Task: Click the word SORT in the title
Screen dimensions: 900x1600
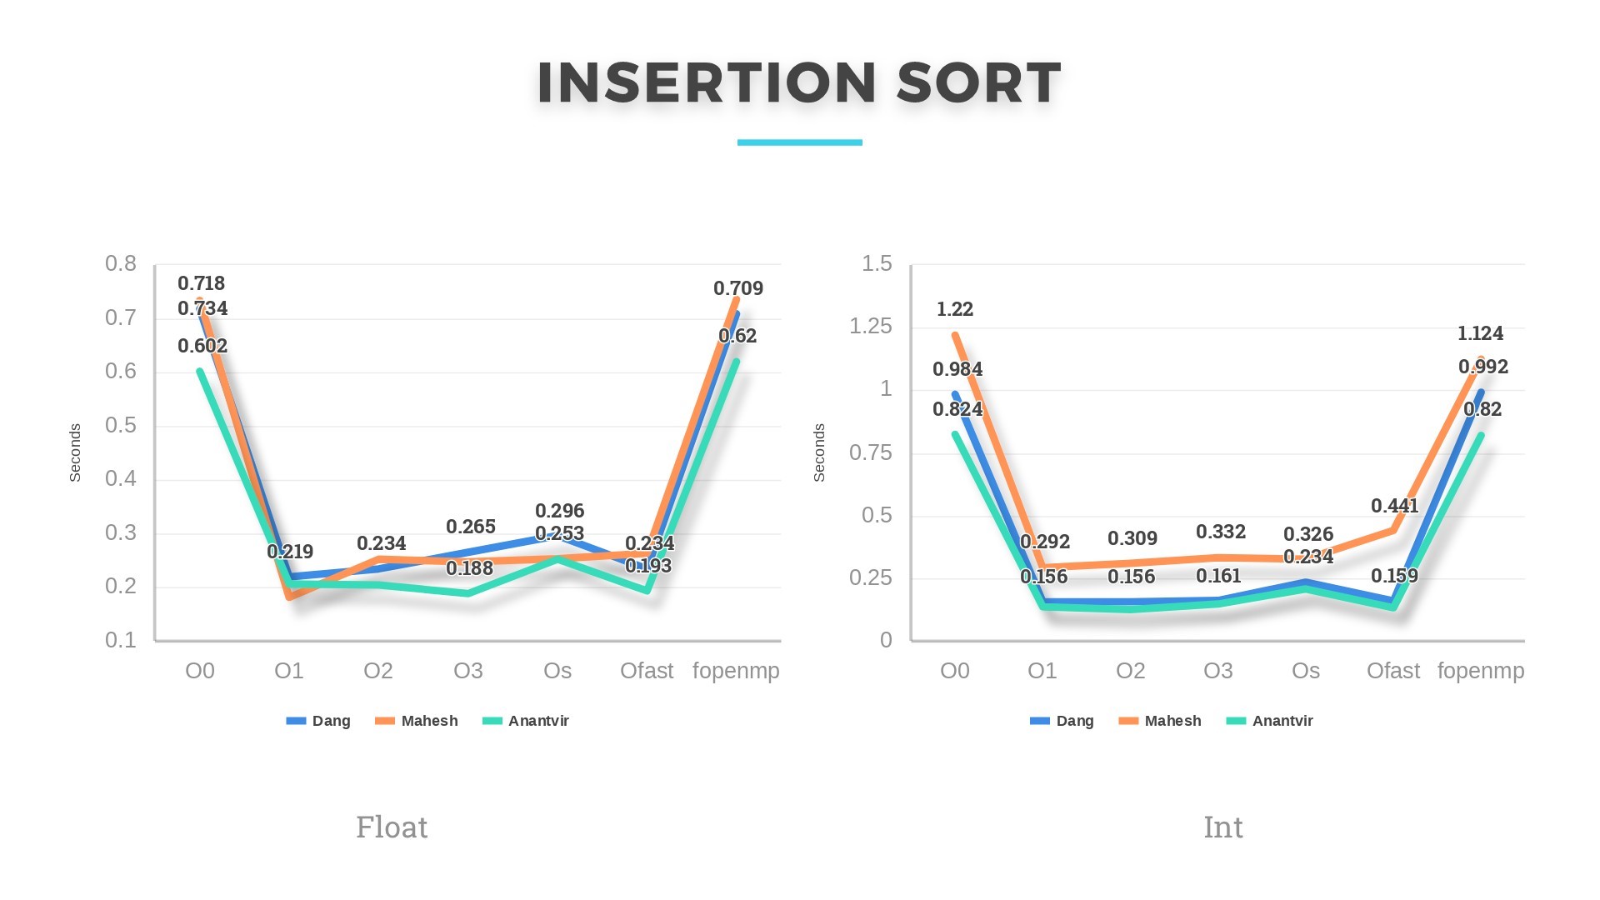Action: pos(978,83)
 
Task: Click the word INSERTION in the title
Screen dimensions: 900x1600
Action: pos(707,83)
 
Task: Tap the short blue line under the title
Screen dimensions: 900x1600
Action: pos(799,142)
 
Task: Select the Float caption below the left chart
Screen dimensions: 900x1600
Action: pos(392,827)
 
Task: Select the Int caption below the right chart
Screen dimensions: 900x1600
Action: pos(1222,827)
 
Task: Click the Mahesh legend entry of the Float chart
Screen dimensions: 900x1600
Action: pos(428,721)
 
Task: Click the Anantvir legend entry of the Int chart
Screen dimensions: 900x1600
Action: pos(1282,721)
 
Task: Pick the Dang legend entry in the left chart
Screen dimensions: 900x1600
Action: pos(330,721)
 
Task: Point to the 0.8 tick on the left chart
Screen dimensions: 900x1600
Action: pos(121,264)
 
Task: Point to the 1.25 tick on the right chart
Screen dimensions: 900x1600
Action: pos(870,327)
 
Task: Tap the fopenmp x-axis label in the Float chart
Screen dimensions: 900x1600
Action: pos(736,671)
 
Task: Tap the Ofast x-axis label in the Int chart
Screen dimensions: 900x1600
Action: pos(1392,671)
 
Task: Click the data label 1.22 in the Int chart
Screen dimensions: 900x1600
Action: pos(955,309)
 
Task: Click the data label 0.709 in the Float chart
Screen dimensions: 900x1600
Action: pos(737,288)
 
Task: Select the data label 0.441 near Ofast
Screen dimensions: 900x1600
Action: pos(1394,506)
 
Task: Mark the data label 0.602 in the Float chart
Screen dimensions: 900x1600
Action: pos(202,346)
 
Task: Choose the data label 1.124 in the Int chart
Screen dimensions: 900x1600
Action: pos(1480,333)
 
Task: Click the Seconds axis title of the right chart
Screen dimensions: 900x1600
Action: pos(819,452)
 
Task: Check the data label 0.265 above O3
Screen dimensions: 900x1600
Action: pos(471,527)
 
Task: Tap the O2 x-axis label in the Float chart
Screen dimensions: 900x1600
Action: pos(377,671)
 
